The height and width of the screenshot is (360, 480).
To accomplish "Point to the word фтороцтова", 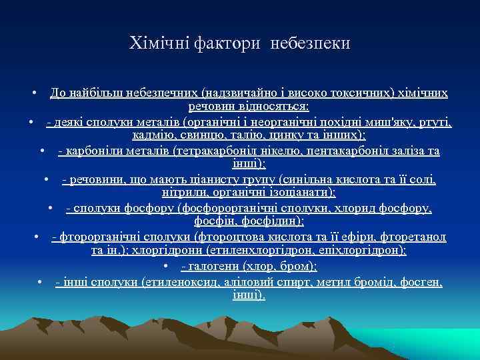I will pos(227,237).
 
